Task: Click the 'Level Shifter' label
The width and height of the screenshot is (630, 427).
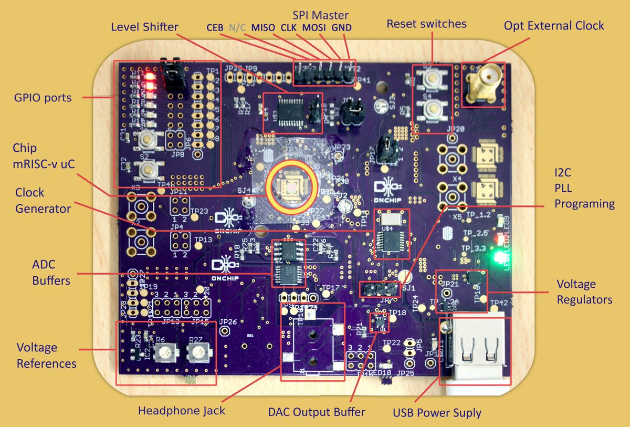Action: pos(144,27)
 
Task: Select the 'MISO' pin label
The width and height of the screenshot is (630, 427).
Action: pos(262,27)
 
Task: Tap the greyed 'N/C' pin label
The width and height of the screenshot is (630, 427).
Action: pos(237,27)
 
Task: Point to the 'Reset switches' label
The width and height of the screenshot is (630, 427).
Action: pos(426,24)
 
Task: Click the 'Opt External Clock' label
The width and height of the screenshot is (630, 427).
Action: pos(554,25)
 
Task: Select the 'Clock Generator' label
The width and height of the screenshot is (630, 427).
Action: pos(43,200)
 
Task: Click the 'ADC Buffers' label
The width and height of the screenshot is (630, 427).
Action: pos(51,273)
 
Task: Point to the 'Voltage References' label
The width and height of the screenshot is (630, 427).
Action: pos(46,355)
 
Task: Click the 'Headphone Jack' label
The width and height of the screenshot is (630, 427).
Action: pos(181,410)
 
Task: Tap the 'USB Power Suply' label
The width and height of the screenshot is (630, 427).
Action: pos(437,413)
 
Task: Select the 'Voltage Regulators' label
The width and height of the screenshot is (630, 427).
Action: pos(584,291)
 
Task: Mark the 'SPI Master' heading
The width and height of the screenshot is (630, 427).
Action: pos(321,15)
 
